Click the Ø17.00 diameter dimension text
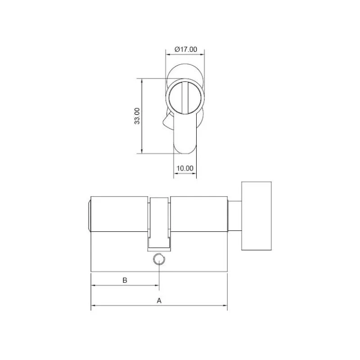tap(185, 49)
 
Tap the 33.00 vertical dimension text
tap(137, 116)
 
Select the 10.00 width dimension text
tap(184, 168)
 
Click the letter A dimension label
tap(159, 301)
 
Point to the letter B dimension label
tap(125, 280)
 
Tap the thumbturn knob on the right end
tap(257, 216)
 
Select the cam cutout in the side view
tap(159, 223)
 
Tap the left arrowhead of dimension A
tap(93, 307)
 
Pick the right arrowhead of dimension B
tap(157, 285)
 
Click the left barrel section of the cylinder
tap(120, 215)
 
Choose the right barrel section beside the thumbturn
tap(198, 215)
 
